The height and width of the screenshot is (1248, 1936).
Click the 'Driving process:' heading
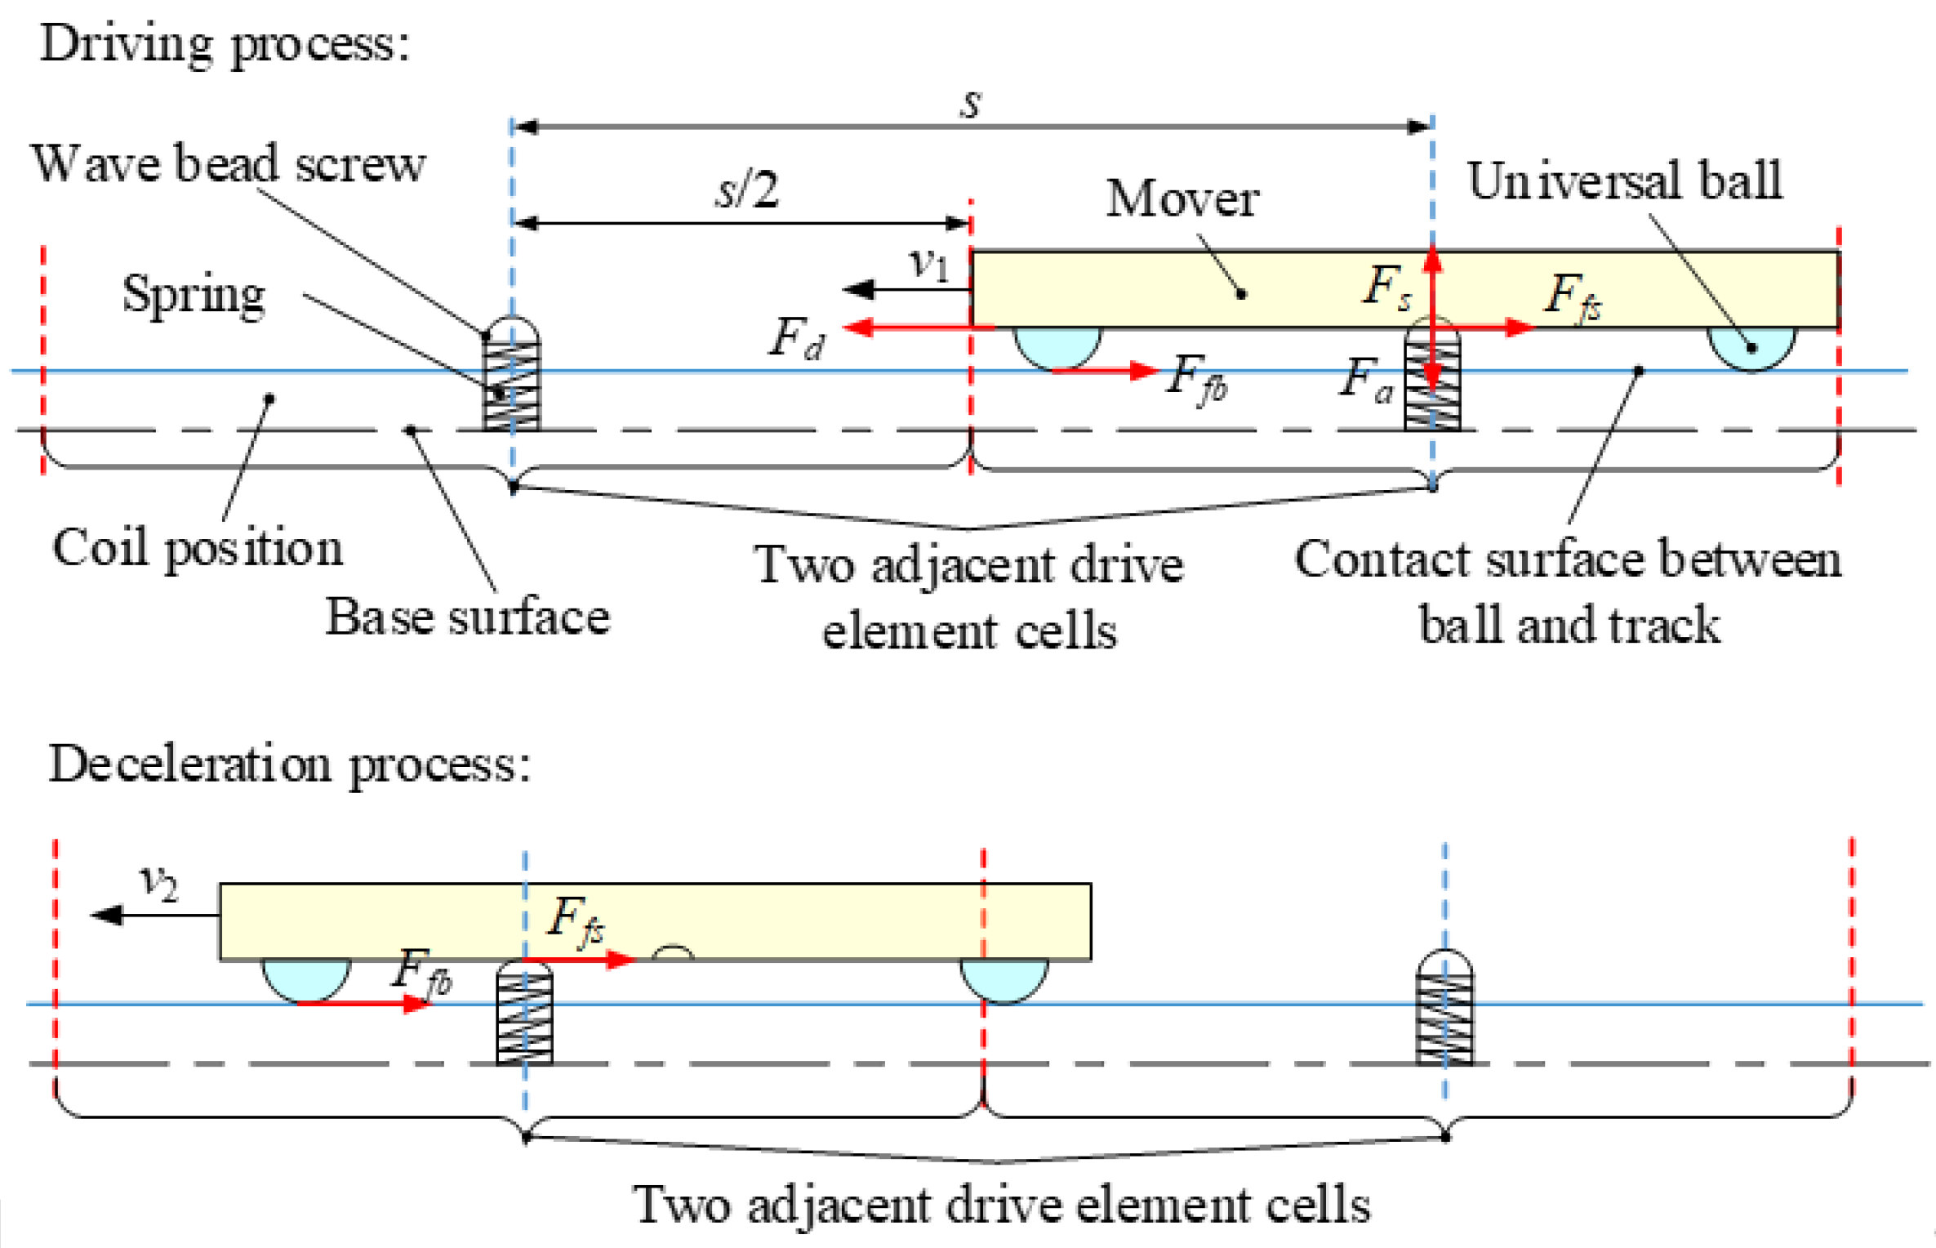225,42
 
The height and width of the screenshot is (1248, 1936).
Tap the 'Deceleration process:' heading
289,764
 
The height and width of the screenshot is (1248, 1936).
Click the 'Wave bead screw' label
228,163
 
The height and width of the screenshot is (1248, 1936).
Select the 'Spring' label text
194,294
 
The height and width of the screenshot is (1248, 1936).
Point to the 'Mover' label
1182,198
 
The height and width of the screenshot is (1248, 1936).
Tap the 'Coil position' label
197,547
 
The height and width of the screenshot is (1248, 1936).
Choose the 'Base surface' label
467,617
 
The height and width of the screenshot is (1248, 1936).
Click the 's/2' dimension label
746,189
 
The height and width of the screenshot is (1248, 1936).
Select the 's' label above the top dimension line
970,104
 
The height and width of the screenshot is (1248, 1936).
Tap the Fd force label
796,337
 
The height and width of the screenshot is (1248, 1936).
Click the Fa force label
1365,380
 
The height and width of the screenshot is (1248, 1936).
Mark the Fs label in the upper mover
1386,287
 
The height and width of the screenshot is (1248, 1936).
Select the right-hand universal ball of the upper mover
1751,348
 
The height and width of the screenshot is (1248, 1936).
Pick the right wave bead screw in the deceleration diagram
1444,1009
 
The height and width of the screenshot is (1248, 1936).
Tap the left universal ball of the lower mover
306,978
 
